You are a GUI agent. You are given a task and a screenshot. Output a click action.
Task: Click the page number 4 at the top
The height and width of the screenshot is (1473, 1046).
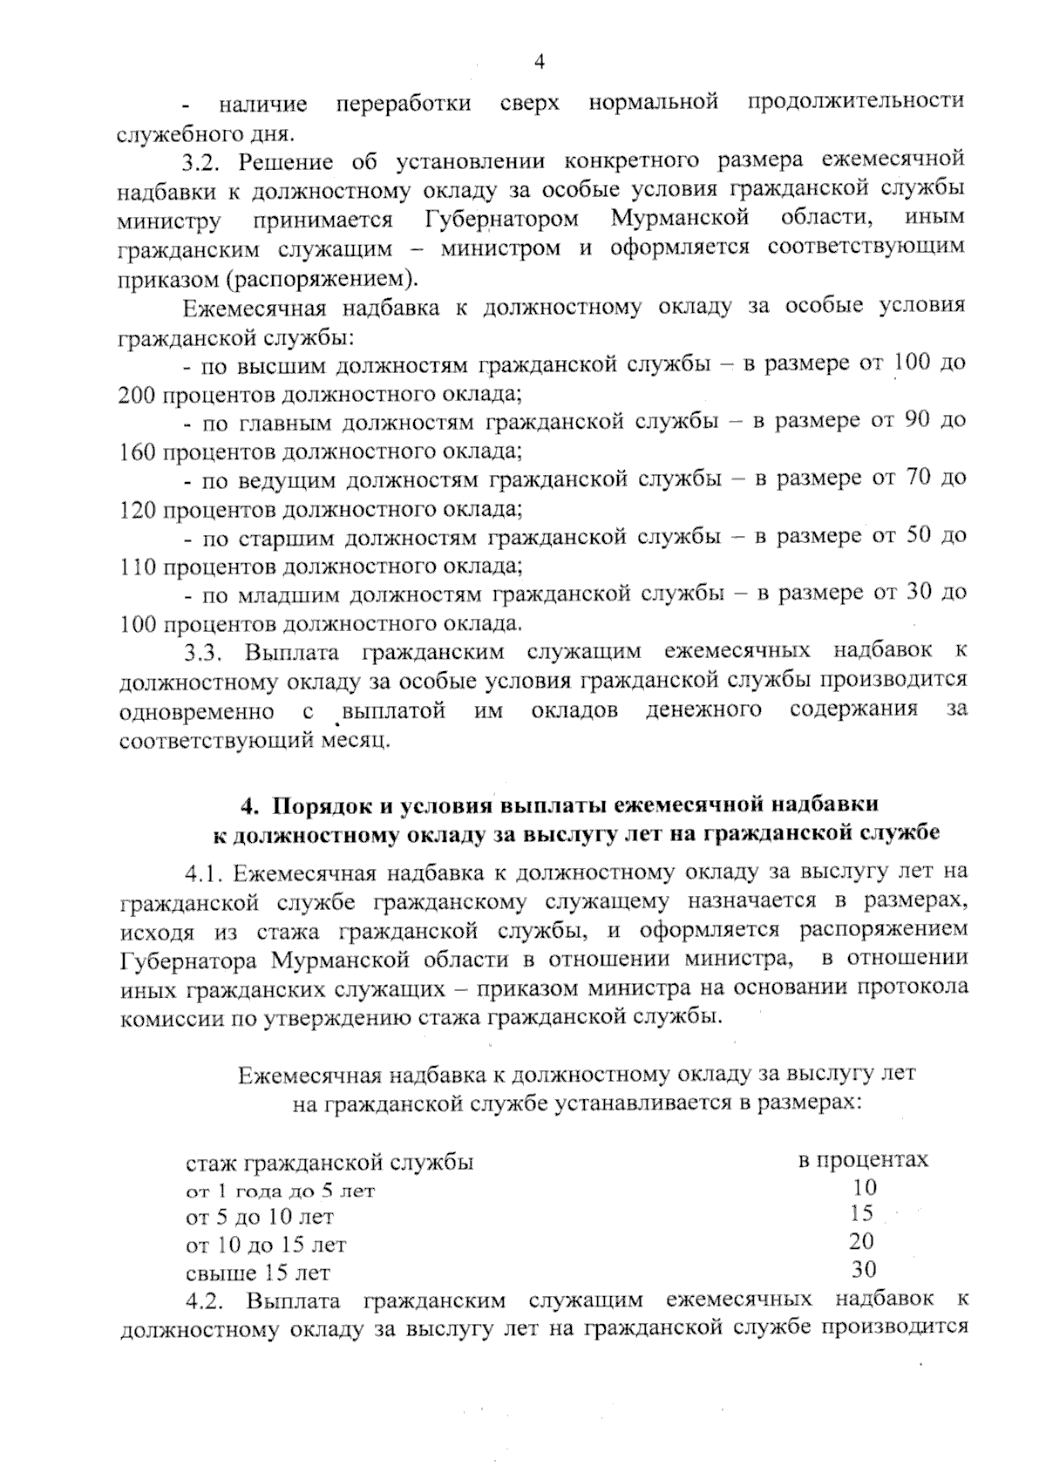539,62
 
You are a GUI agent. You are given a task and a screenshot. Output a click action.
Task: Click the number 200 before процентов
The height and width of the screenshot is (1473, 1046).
136,395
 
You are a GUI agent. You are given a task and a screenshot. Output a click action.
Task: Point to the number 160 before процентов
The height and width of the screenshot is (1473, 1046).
136,452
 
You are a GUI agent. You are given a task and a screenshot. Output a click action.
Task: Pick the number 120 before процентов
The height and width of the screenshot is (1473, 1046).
136,509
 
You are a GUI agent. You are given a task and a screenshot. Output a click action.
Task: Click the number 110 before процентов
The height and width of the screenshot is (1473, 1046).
136,567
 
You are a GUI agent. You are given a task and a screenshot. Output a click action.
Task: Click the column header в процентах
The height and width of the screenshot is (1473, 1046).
862,1160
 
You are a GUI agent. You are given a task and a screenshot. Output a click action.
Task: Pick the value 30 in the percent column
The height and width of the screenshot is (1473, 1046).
864,1269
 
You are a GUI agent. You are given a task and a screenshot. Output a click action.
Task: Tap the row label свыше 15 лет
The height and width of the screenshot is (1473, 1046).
258,1273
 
